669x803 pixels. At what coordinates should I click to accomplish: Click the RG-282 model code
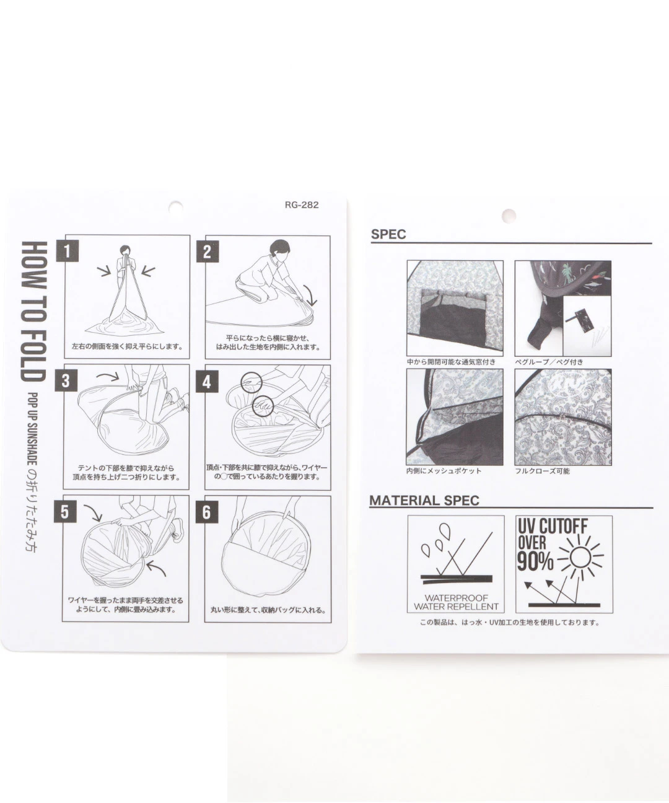click(302, 205)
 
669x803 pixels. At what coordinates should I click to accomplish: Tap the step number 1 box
click(68, 251)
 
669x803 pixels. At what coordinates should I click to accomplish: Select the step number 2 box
click(208, 252)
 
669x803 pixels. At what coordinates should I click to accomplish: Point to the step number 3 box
click(66, 380)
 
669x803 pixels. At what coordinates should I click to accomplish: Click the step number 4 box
click(207, 382)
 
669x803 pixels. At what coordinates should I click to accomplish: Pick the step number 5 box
click(64, 511)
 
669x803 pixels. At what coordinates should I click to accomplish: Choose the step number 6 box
click(207, 512)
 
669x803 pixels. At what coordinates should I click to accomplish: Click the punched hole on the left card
click(176, 208)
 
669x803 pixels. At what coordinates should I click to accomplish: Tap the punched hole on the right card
click(509, 216)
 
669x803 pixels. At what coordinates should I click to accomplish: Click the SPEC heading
click(389, 234)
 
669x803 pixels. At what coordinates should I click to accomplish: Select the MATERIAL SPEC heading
click(424, 501)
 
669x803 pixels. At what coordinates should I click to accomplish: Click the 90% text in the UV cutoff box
click(535, 561)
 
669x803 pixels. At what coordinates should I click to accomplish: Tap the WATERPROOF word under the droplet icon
click(456, 598)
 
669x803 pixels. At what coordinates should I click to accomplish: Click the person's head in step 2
click(279, 250)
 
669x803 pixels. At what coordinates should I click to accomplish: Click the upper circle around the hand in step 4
click(251, 382)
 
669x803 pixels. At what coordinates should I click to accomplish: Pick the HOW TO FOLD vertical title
click(34, 312)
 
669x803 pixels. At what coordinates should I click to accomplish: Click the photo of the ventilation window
click(455, 308)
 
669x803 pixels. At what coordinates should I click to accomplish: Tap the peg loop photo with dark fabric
click(563, 308)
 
